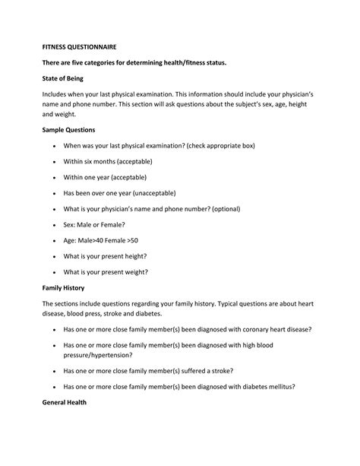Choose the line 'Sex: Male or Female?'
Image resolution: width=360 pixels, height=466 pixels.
tap(94, 224)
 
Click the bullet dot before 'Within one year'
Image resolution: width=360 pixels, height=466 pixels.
tap(54, 177)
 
